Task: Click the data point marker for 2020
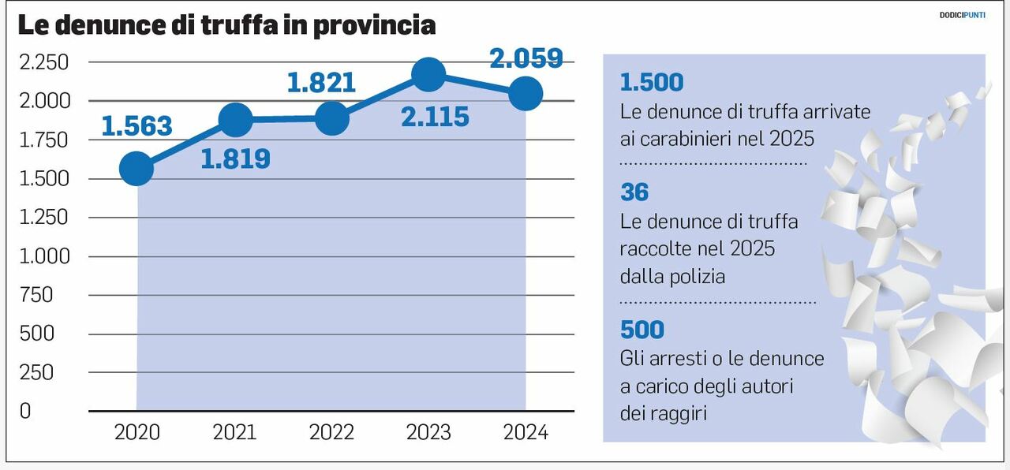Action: click(137, 169)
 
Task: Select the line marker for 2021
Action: click(234, 120)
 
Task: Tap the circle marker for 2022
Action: click(331, 119)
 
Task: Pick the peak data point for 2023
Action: click(428, 75)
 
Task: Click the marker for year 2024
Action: click(526, 94)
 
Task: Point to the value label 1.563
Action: click(137, 125)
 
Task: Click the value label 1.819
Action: click(235, 159)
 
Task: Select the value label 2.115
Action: click(434, 117)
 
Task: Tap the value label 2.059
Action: click(526, 58)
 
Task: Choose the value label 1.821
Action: click(321, 83)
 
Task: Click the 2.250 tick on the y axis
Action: click(43, 62)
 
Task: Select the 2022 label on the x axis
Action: click(331, 433)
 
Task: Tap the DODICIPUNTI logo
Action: click(962, 15)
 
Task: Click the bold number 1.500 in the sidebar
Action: click(652, 82)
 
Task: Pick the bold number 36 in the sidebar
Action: click(634, 192)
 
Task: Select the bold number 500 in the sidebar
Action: click(642, 329)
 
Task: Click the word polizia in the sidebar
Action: click(696, 277)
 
